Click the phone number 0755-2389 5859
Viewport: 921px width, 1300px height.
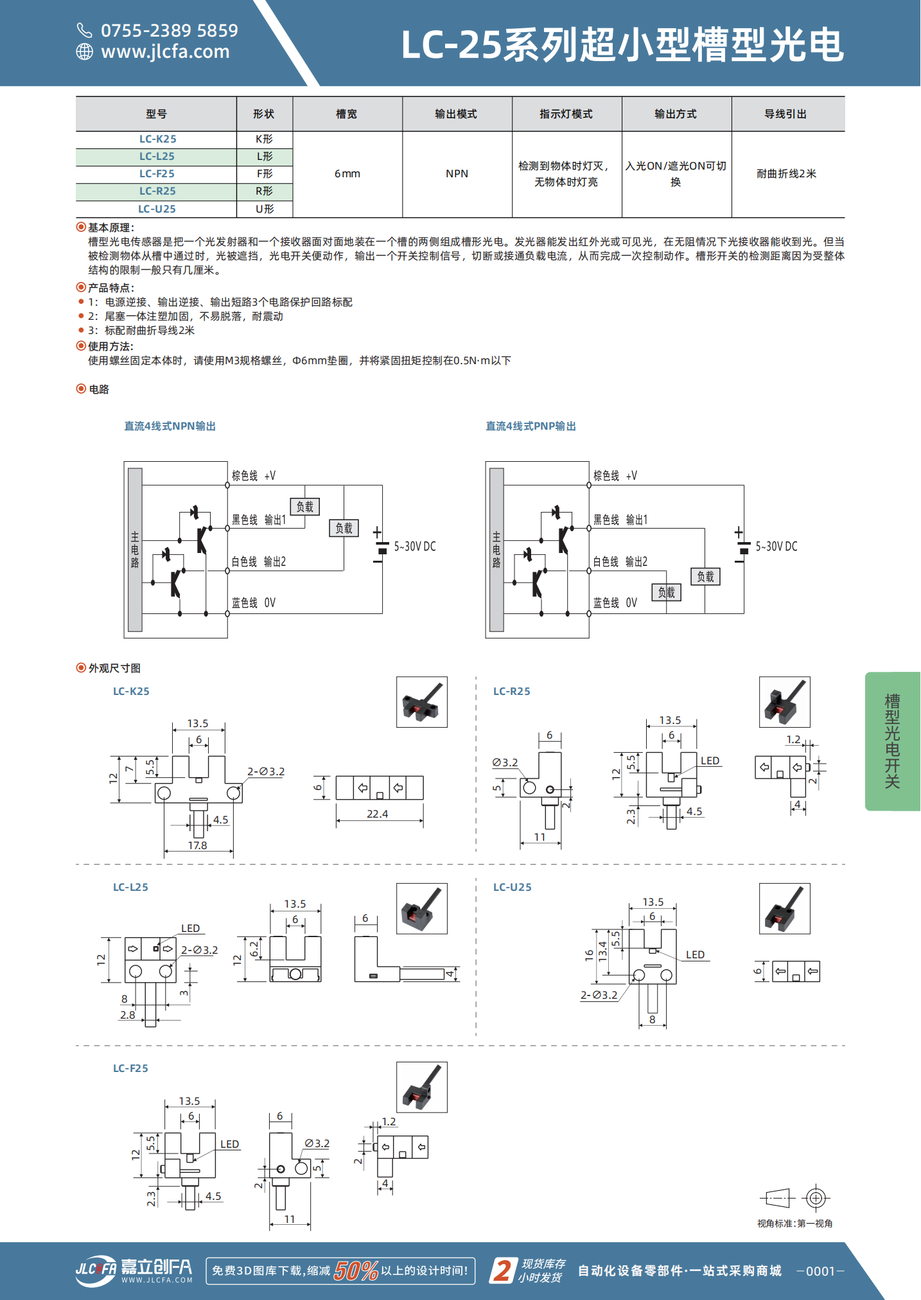169,30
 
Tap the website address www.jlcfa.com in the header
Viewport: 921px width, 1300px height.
165,51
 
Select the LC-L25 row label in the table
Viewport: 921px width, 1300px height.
157,157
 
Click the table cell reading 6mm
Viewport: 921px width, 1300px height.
347,174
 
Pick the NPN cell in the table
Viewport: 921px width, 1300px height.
457,174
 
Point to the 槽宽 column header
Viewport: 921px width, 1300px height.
347,114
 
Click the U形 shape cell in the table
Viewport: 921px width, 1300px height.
265,209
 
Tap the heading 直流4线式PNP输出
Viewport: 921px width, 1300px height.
531,426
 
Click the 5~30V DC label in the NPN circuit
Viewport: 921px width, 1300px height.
415,547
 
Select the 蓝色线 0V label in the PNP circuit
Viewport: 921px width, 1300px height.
615,603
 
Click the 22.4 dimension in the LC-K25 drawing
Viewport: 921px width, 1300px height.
378,814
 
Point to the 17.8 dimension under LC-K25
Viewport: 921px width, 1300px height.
197,845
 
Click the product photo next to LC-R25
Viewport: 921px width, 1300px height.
784,702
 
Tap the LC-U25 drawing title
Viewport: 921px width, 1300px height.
513,888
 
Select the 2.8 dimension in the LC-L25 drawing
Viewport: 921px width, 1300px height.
128,1015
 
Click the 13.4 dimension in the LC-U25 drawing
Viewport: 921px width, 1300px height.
602,950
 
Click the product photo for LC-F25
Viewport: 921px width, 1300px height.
421,1087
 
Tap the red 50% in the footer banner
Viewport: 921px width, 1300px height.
356,1270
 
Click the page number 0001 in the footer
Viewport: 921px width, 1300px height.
820,1271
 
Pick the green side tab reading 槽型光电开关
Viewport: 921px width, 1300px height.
892,741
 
